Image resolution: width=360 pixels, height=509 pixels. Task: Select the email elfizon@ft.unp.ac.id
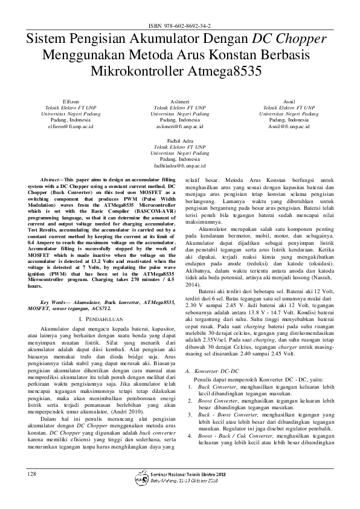coord(71,127)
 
